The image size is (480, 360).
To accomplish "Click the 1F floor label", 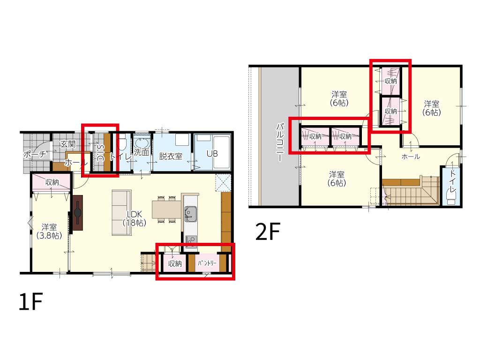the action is click(x=30, y=301).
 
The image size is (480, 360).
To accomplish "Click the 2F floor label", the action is click(x=268, y=232).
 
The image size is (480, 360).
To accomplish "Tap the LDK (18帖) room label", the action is click(x=134, y=218).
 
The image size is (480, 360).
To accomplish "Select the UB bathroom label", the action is click(x=212, y=153).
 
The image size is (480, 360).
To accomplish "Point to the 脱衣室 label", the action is click(x=171, y=156).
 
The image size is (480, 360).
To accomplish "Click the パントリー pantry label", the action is click(x=207, y=262).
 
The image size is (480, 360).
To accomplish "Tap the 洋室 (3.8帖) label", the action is click(x=49, y=231).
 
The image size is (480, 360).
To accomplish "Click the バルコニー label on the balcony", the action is click(x=280, y=142).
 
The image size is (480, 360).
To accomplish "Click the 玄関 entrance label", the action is click(x=67, y=144).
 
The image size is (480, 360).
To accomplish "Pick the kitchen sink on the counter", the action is click(x=190, y=213).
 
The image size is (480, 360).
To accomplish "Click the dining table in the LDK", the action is click(x=167, y=210).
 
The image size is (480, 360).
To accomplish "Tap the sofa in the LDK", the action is click(x=121, y=212).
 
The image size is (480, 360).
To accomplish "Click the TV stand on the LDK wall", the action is click(x=78, y=213).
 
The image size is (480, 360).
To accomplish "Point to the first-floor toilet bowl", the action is click(x=122, y=143).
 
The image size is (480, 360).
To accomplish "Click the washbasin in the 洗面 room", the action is click(x=142, y=143).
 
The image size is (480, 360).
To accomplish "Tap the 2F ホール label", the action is click(x=411, y=157).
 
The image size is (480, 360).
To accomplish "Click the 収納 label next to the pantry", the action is click(x=175, y=263).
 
